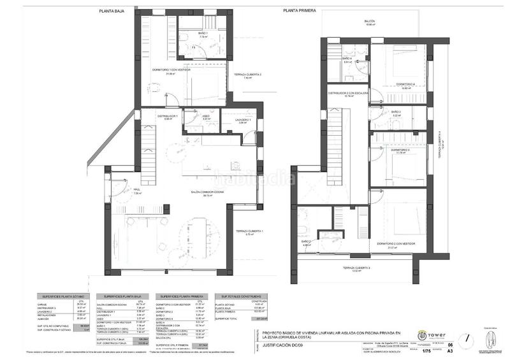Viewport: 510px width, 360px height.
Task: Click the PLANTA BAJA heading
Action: [x=112, y=11]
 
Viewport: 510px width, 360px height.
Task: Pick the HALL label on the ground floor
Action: [x=136, y=189]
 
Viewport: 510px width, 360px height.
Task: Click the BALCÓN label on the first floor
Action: [x=370, y=21]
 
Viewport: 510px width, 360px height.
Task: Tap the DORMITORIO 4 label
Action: [x=405, y=84]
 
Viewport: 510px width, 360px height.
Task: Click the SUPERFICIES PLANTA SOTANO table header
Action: [x=59, y=296]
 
